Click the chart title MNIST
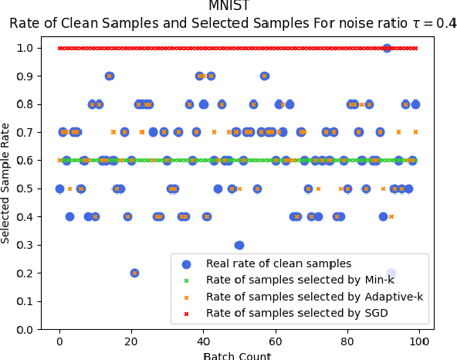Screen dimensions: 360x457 pyautogui.click(x=229, y=6)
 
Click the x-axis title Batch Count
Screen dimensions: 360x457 pyautogui.click(x=237, y=356)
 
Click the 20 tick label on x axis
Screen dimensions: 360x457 pyautogui.click(x=131, y=341)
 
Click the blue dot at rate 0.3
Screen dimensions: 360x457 pyautogui.click(x=239, y=245)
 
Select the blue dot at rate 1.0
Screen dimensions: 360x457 pyautogui.click(x=387, y=48)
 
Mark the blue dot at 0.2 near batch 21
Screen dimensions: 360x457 pyautogui.click(x=134, y=273)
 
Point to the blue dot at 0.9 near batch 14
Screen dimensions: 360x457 pyautogui.click(x=110, y=76)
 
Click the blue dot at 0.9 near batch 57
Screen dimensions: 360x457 pyautogui.click(x=264, y=76)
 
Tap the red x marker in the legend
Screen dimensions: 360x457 pyautogui.click(x=185, y=313)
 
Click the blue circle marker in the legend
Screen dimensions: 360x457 pyautogui.click(x=185, y=264)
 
